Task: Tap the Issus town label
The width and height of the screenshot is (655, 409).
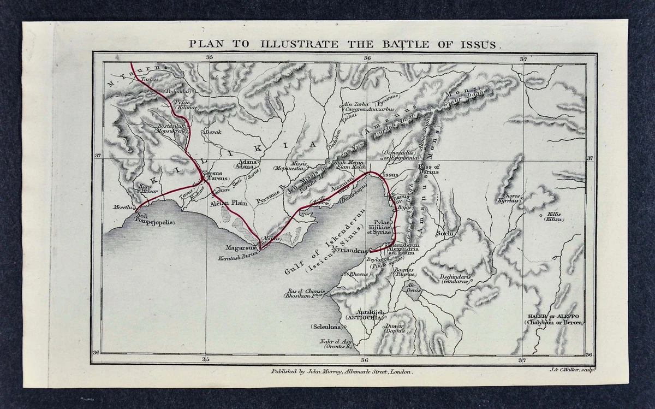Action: [x=391, y=175]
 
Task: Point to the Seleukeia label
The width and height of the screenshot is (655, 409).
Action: [x=326, y=327]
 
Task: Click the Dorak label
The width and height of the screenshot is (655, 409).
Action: [x=213, y=132]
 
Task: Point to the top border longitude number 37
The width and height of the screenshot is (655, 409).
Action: [x=522, y=58]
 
